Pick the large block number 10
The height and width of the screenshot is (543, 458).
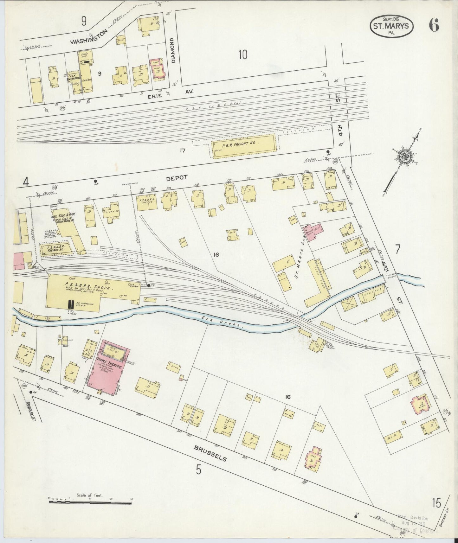243,55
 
